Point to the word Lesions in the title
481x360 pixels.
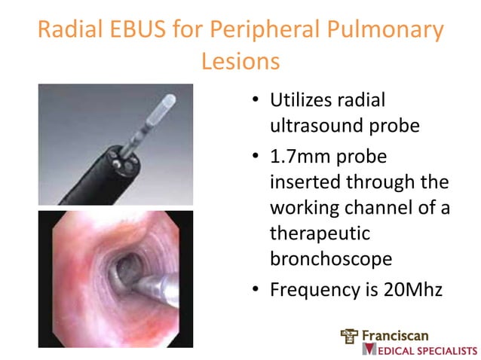240,61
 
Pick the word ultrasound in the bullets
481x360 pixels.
320,124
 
